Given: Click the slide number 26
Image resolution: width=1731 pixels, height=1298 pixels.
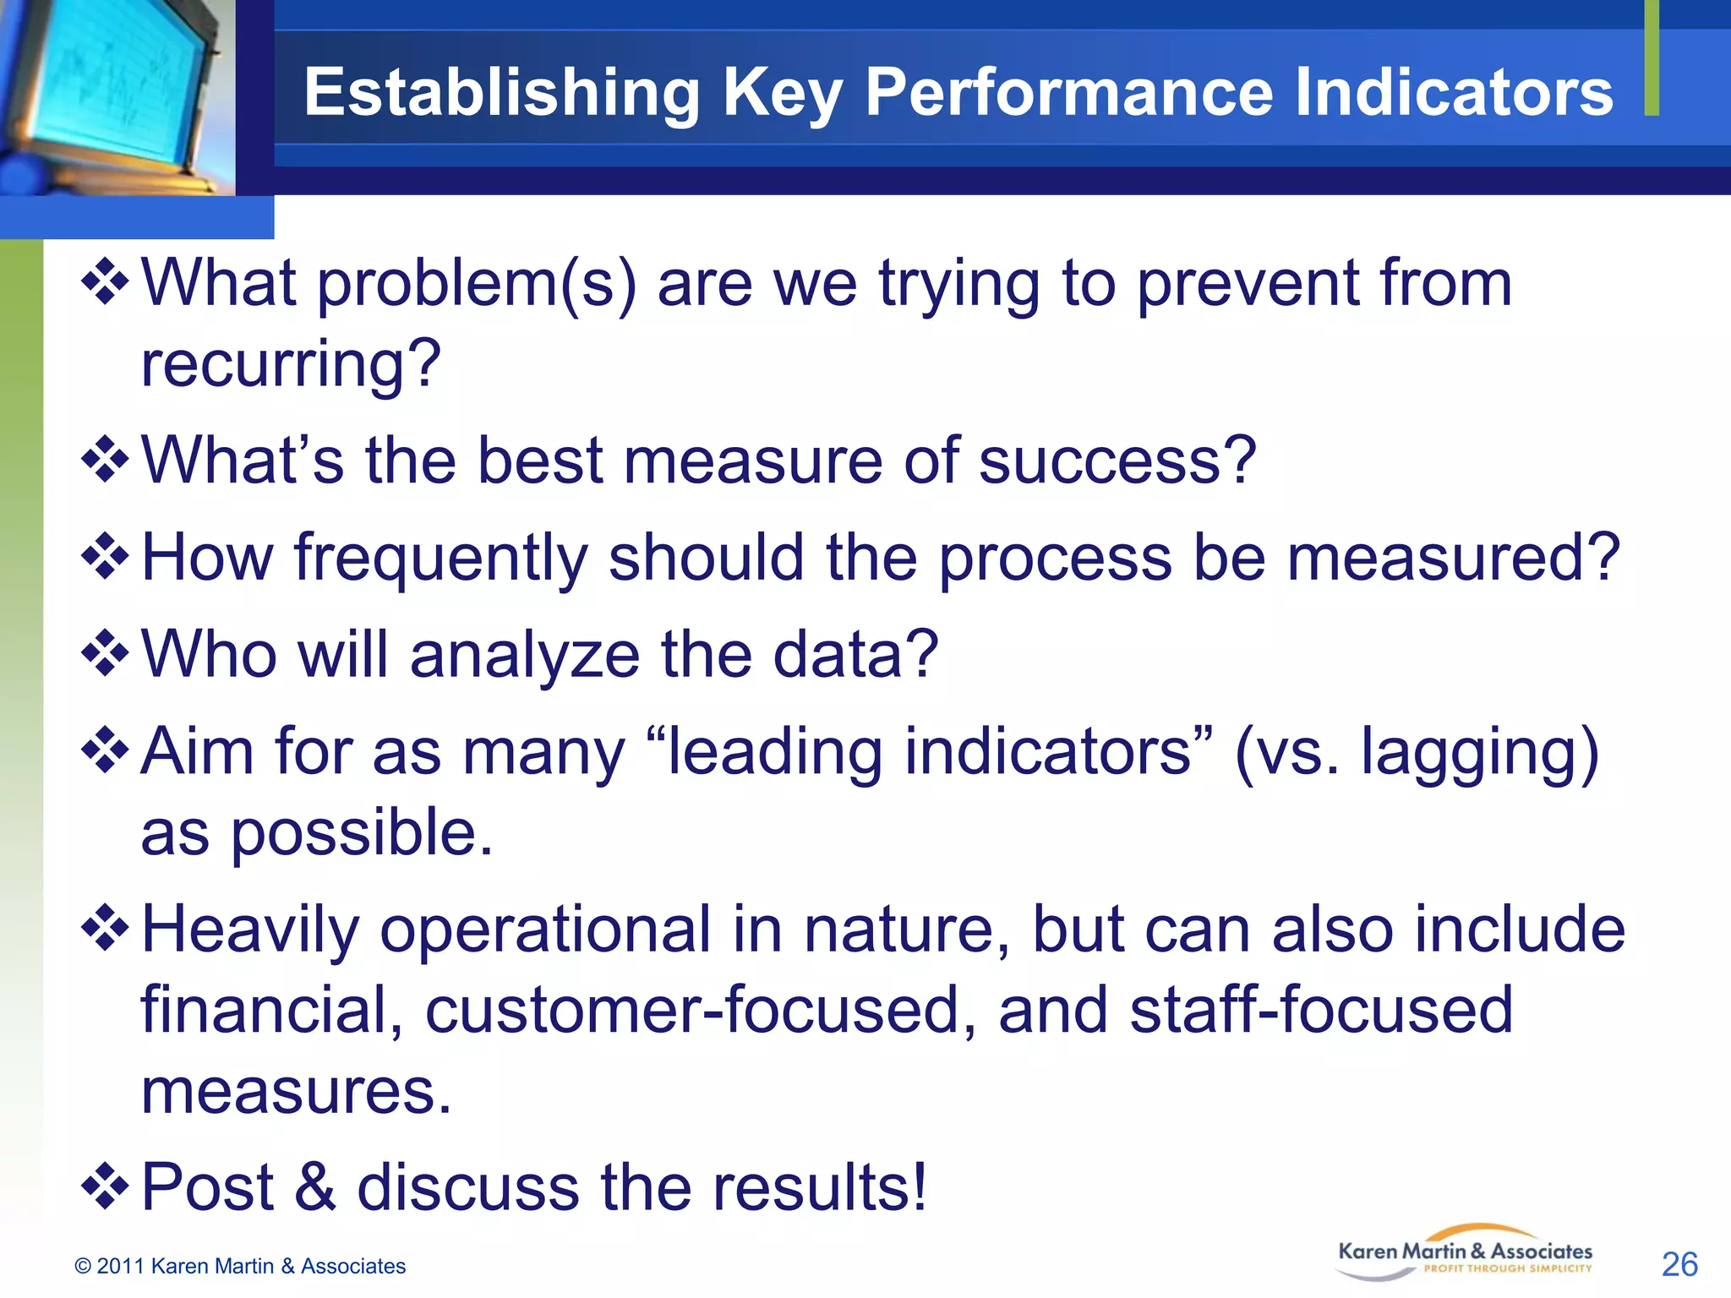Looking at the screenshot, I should click(x=1679, y=1264).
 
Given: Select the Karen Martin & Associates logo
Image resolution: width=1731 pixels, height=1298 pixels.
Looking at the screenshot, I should click(x=1465, y=1254).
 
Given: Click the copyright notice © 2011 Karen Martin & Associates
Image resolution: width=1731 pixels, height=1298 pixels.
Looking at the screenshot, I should click(x=240, y=1266).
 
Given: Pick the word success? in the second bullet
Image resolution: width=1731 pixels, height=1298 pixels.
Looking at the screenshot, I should click(x=1117, y=461).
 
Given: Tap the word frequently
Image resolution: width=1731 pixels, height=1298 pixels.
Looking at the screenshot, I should click(x=440, y=559).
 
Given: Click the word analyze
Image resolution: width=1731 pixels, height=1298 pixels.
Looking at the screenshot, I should click(x=524, y=655).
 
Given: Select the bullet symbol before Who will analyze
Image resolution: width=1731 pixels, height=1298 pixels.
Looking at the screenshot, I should click(x=105, y=652).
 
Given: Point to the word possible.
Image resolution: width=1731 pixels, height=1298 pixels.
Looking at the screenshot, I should click(x=362, y=833).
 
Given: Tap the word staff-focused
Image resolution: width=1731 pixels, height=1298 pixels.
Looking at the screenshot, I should click(x=1320, y=1011).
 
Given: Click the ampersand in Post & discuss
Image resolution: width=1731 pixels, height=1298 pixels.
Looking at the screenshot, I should click(x=315, y=1188).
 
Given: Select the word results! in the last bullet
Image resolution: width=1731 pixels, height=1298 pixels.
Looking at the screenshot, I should click(x=819, y=1188).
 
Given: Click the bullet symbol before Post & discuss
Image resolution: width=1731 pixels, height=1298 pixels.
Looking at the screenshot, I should click(x=105, y=1185).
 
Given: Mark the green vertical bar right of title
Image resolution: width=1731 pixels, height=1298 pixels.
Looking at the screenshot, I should click(x=1652, y=57).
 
